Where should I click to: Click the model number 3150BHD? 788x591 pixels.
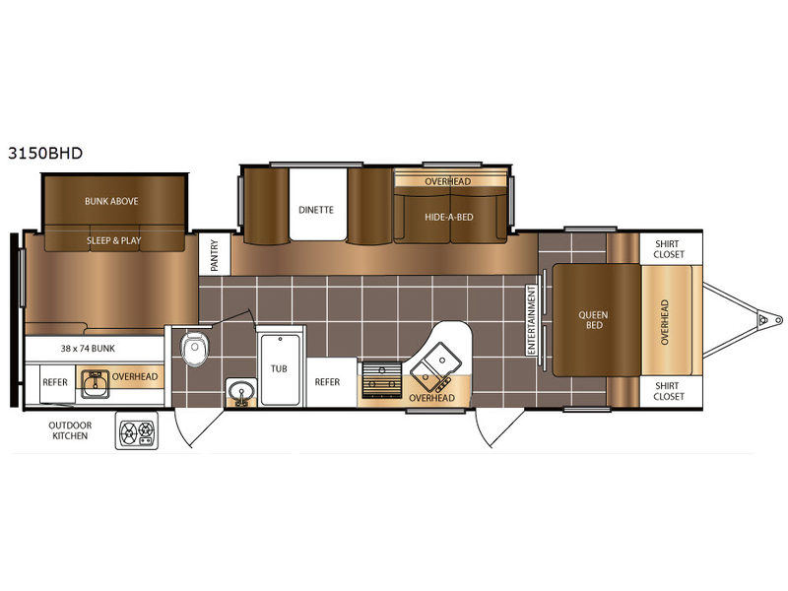pos(45,153)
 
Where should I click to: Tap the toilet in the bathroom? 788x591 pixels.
pos(195,348)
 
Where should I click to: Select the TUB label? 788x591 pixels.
pos(279,368)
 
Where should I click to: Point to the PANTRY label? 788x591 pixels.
pos(215,255)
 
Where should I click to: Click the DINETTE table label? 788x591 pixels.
pos(316,210)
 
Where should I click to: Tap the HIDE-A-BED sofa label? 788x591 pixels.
pos(449,217)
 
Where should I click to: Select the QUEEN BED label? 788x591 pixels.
pos(594,320)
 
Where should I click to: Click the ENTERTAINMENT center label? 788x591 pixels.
pos(532,320)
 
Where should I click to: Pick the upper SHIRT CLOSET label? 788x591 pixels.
pos(669,249)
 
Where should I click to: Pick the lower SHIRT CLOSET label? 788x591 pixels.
pos(669,391)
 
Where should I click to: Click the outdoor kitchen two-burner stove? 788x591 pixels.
pos(137,431)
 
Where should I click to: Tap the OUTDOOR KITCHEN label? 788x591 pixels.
pos(70,430)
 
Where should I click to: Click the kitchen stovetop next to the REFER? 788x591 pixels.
pos(382,380)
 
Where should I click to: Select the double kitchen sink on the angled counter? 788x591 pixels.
pos(436,366)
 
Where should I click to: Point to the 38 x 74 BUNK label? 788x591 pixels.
pos(88,349)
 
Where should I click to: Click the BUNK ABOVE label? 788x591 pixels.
pos(111,201)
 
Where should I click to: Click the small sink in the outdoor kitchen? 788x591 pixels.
pos(95,384)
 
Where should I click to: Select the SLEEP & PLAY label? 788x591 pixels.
pos(114,240)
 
